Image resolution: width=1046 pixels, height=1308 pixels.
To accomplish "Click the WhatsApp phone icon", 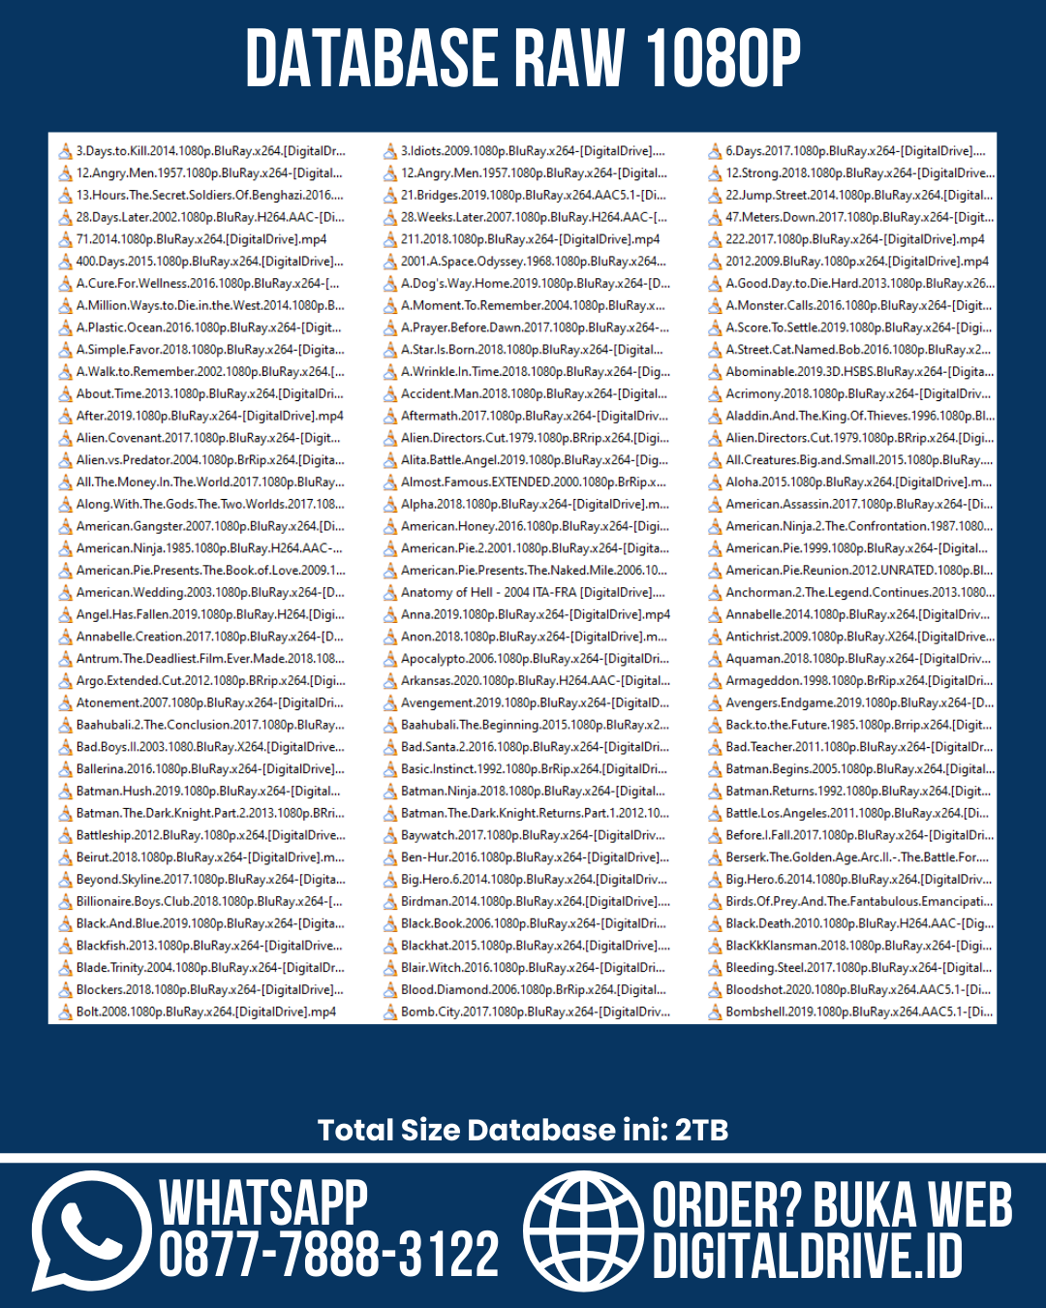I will click(90, 1230).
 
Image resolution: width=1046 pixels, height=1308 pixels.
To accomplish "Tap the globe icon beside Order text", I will click(583, 1230).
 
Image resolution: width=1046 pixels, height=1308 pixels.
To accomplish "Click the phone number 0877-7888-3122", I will click(328, 1256).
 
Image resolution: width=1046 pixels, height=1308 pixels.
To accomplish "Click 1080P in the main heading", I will click(722, 58).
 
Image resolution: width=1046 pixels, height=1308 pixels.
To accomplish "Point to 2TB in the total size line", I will click(701, 1130).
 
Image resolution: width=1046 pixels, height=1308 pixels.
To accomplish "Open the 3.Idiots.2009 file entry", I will click(532, 151).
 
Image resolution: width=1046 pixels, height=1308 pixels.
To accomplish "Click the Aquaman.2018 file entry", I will click(857, 659).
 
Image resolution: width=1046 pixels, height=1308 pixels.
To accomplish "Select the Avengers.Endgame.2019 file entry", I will click(858, 702).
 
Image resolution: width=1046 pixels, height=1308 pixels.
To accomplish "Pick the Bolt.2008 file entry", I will click(205, 1012).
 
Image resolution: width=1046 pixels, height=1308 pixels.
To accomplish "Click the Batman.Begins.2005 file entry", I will click(858, 769).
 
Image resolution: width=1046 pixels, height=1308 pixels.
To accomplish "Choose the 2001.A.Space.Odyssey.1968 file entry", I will click(532, 262).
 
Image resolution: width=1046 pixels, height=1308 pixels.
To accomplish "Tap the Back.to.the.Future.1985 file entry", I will click(857, 725).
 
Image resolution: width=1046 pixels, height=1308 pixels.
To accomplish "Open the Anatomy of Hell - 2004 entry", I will click(532, 592).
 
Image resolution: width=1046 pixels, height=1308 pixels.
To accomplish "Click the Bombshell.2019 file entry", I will click(858, 1012).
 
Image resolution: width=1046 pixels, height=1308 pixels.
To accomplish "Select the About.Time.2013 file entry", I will click(208, 393).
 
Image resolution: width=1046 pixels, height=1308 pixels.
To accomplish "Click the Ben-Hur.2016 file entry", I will click(534, 857).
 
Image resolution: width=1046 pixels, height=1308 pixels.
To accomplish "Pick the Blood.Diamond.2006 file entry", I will click(532, 989).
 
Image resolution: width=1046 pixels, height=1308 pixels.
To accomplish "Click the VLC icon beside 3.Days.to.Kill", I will click(66, 151).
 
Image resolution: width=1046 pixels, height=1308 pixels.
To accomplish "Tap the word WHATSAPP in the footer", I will click(263, 1202).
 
